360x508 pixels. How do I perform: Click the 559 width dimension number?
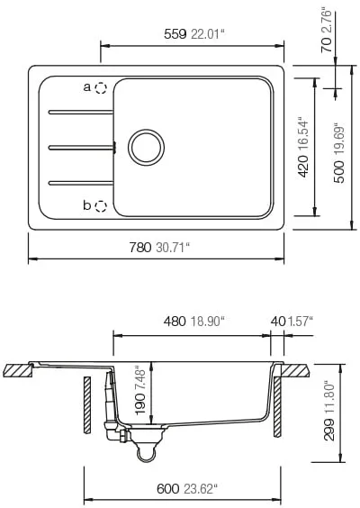pyautogui.click(x=175, y=34)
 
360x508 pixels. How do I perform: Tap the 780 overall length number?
pyautogui.click(x=140, y=248)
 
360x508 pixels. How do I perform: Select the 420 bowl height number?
pyautogui.click(x=303, y=166)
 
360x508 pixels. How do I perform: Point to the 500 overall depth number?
pyautogui.click(x=338, y=172)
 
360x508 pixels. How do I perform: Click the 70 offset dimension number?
pyautogui.click(x=327, y=45)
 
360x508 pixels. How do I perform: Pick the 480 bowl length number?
pyautogui.click(x=175, y=322)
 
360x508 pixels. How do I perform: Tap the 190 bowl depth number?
pyautogui.click(x=140, y=404)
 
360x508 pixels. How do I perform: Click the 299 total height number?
pyautogui.click(x=329, y=430)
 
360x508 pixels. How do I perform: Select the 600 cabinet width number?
pyautogui.click(x=167, y=489)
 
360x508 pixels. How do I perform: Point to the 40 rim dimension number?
pyautogui.click(x=278, y=322)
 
